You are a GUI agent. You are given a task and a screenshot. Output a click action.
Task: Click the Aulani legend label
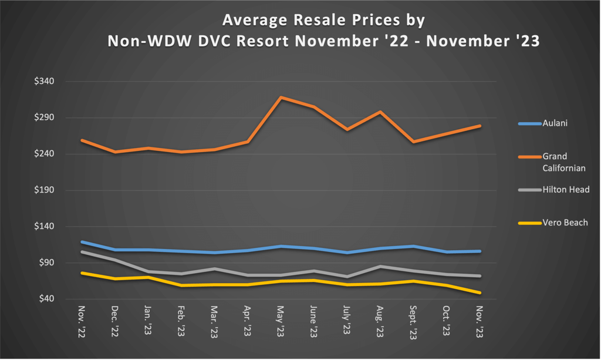555,123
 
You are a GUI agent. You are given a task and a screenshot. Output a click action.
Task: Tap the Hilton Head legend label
566,190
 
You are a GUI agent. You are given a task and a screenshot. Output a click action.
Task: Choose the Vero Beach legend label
565,223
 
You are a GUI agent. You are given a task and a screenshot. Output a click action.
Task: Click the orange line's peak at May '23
281,97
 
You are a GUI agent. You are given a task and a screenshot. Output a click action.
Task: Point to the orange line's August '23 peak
380,112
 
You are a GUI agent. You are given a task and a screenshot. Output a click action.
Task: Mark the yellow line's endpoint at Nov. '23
480,292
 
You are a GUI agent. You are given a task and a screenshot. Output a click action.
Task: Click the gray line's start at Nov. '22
82,252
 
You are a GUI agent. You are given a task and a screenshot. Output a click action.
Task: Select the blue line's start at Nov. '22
82,242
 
